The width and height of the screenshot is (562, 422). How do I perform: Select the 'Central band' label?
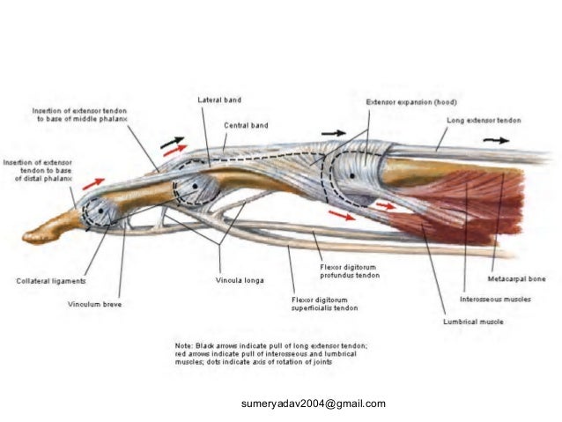[246, 126]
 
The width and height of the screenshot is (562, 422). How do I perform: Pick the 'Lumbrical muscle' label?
[474, 322]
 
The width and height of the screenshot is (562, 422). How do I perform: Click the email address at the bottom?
[313, 404]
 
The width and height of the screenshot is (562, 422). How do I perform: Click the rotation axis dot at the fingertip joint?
[99, 211]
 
